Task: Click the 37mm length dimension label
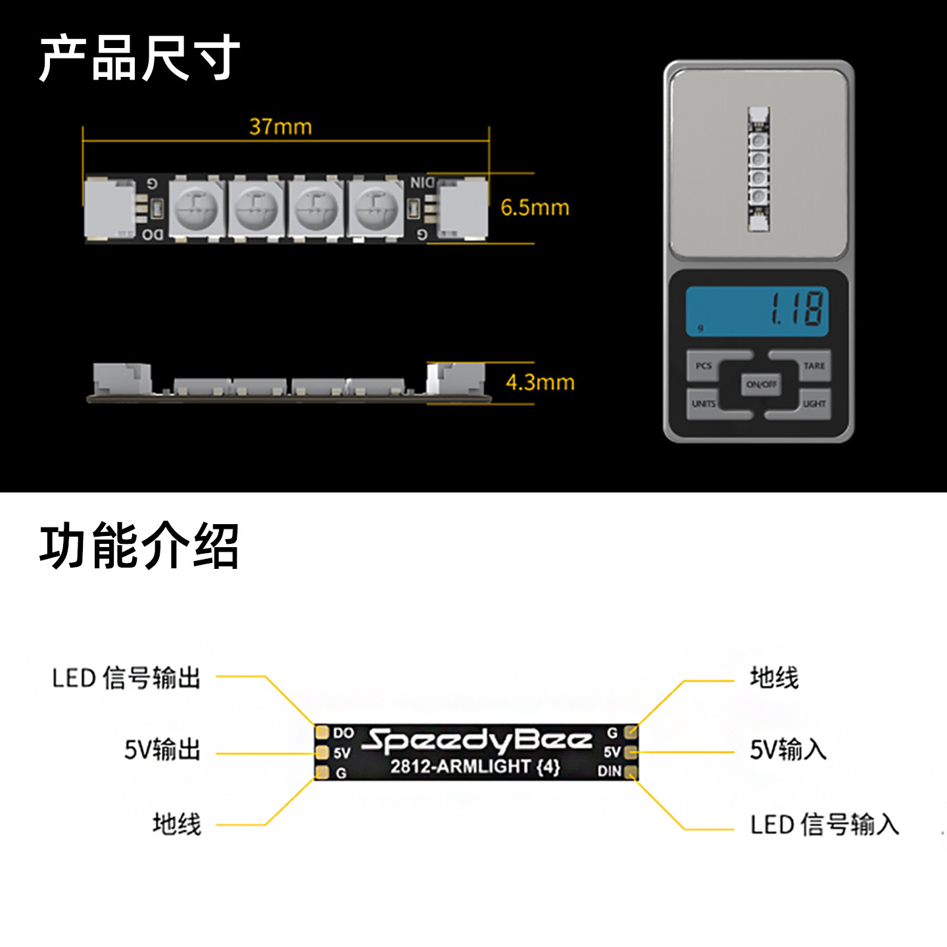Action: (x=280, y=126)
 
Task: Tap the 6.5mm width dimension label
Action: (x=535, y=208)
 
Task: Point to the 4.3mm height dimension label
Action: (x=540, y=382)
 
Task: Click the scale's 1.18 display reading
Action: (x=796, y=308)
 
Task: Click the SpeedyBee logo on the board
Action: (x=477, y=741)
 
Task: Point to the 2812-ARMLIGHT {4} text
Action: (x=475, y=767)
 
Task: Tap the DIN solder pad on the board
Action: (x=631, y=771)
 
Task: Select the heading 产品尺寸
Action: (x=139, y=59)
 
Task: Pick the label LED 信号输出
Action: (x=126, y=678)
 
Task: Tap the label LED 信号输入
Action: (x=825, y=825)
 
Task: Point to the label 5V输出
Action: (x=162, y=750)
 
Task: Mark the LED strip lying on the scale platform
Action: (x=758, y=169)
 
